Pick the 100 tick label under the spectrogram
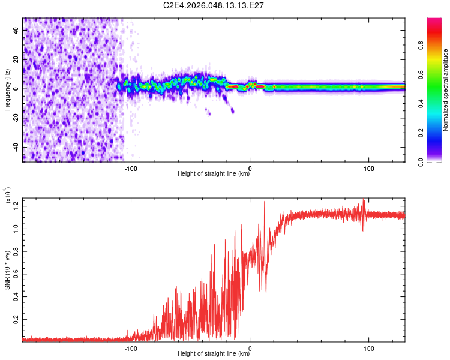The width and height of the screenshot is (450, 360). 368,168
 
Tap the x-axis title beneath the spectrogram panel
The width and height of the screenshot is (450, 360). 214,174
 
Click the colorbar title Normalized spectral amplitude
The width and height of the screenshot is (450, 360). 446,90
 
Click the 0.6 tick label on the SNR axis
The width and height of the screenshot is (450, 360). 16,274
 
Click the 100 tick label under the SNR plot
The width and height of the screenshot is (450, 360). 368,347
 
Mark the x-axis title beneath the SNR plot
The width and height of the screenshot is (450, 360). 214,354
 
